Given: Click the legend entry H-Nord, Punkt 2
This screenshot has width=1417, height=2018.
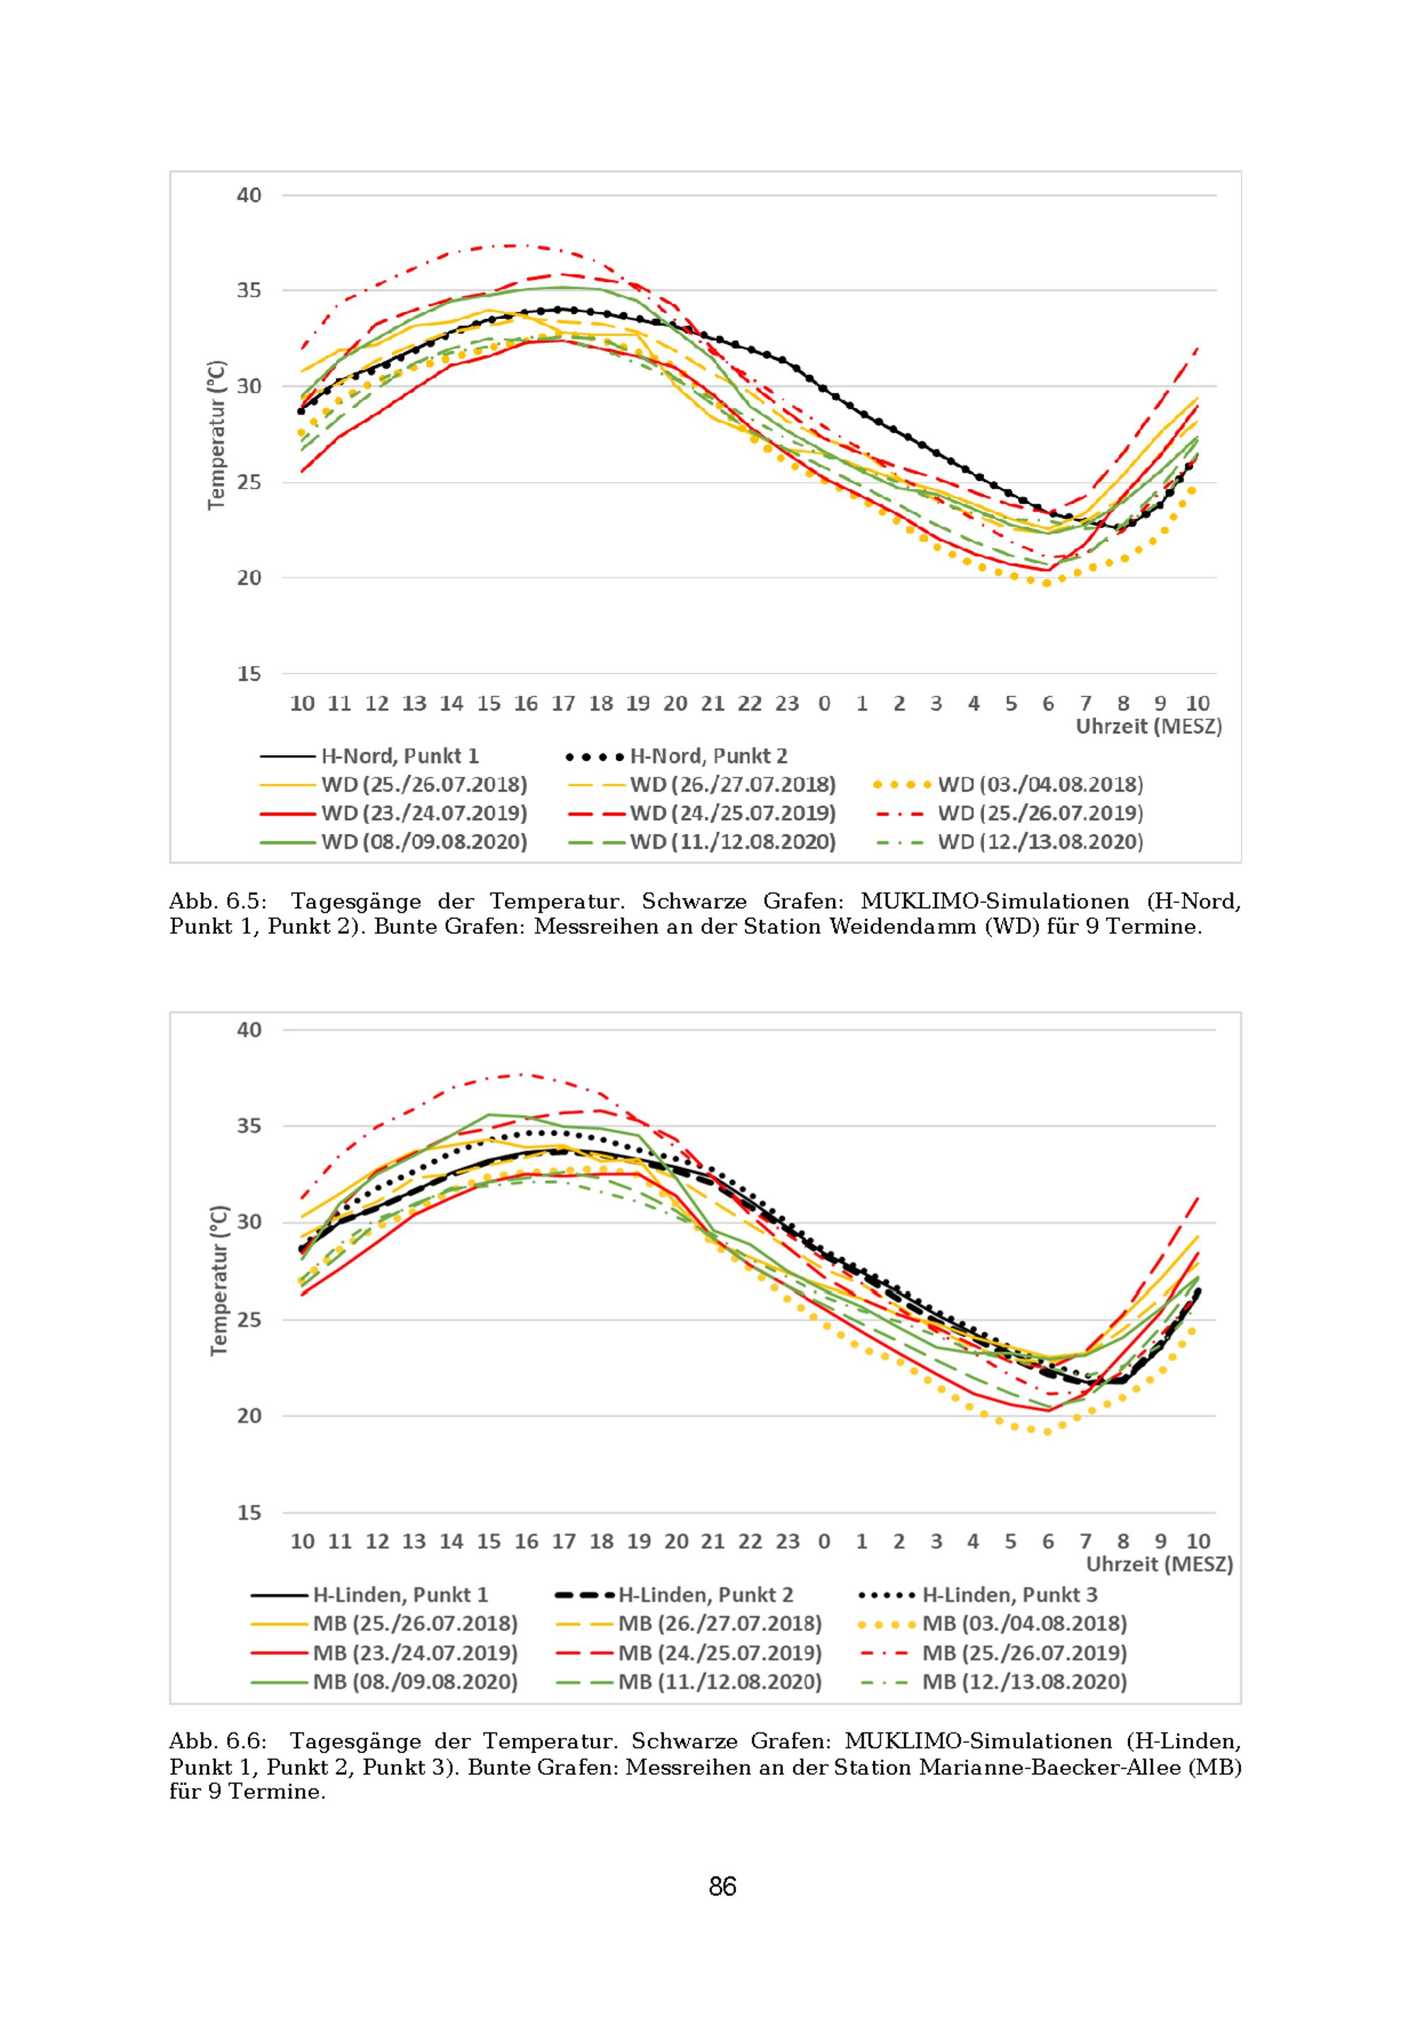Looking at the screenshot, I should tap(708, 756).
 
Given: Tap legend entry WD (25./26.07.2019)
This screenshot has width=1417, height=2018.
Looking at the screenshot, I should tap(1040, 813).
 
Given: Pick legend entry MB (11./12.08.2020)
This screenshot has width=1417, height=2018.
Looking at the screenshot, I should tap(719, 1682).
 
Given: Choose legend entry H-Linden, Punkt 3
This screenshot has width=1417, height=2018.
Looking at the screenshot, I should tap(1009, 1595).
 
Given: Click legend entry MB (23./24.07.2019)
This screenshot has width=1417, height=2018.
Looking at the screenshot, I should tap(415, 1653).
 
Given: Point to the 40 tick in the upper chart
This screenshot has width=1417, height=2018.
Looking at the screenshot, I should tap(249, 195).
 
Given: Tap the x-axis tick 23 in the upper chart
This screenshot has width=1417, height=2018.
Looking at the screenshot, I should tap(786, 703).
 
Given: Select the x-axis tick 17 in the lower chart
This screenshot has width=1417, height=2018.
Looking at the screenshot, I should tap(563, 1540).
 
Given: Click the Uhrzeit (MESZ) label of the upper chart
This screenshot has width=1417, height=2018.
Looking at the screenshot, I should tap(1148, 727).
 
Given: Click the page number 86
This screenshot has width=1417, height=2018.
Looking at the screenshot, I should tap(723, 1887).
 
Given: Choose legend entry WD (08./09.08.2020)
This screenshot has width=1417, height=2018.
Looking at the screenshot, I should tap(424, 842).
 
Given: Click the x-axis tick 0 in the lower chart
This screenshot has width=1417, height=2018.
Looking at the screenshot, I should tap(824, 1540).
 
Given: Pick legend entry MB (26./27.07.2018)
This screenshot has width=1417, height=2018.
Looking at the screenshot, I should tap(719, 1624).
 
